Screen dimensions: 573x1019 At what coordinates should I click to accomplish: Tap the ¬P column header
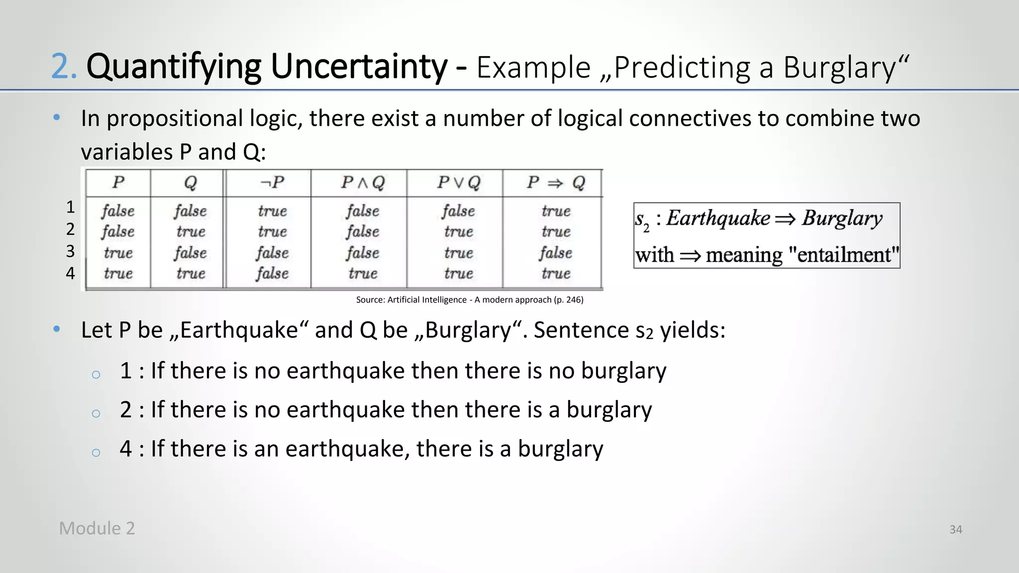[272, 183]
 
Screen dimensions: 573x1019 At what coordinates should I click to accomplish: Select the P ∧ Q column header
[363, 183]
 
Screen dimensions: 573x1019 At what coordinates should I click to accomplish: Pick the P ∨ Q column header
[458, 183]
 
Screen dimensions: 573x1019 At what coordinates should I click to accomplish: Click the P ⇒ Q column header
[556, 183]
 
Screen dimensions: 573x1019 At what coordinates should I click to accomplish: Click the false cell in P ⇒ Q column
[556, 253]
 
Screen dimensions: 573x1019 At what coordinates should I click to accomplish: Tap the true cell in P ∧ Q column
[363, 273]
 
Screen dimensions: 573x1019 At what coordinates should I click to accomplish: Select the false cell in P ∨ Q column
[458, 211]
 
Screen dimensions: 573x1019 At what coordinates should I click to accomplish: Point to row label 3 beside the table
[71, 251]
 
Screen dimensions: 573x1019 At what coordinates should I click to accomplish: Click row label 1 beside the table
[71, 207]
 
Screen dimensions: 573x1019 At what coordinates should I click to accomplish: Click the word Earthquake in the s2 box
[718, 218]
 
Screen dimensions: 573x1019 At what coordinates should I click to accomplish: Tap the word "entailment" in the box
[844, 255]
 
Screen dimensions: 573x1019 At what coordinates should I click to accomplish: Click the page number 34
[955, 530]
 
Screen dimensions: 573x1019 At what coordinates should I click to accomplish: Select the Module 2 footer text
[97, 528]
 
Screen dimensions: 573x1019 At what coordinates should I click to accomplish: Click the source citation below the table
[470, 300]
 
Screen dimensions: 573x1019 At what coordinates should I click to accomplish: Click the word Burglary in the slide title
[839, 68]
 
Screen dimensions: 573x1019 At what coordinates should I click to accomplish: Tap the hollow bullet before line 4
[96, 452]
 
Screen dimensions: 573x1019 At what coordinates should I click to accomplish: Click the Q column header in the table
[191, 183]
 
